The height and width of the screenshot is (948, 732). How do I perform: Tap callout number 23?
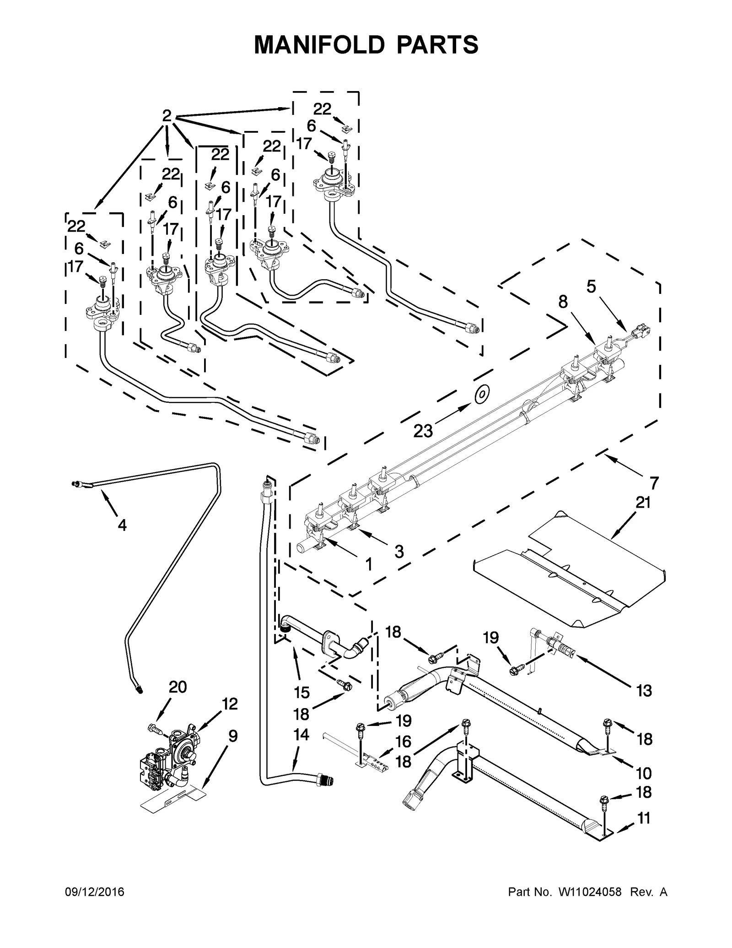point(424,430)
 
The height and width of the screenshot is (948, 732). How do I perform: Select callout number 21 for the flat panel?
point(643,503)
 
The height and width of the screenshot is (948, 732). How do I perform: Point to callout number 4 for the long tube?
point(122,525)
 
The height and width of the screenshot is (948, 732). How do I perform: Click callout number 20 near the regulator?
point(178,700)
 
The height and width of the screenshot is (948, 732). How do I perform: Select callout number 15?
point(301,693)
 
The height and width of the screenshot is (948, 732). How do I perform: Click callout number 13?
point(644,691)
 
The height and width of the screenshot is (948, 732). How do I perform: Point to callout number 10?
point(644,773)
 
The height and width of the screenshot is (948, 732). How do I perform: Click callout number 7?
point(654,482)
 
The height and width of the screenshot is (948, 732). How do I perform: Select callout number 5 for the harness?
point(591,287)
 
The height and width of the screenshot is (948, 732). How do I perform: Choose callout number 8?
point(563,302)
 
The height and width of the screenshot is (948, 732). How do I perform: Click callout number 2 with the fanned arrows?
point(167,116)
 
